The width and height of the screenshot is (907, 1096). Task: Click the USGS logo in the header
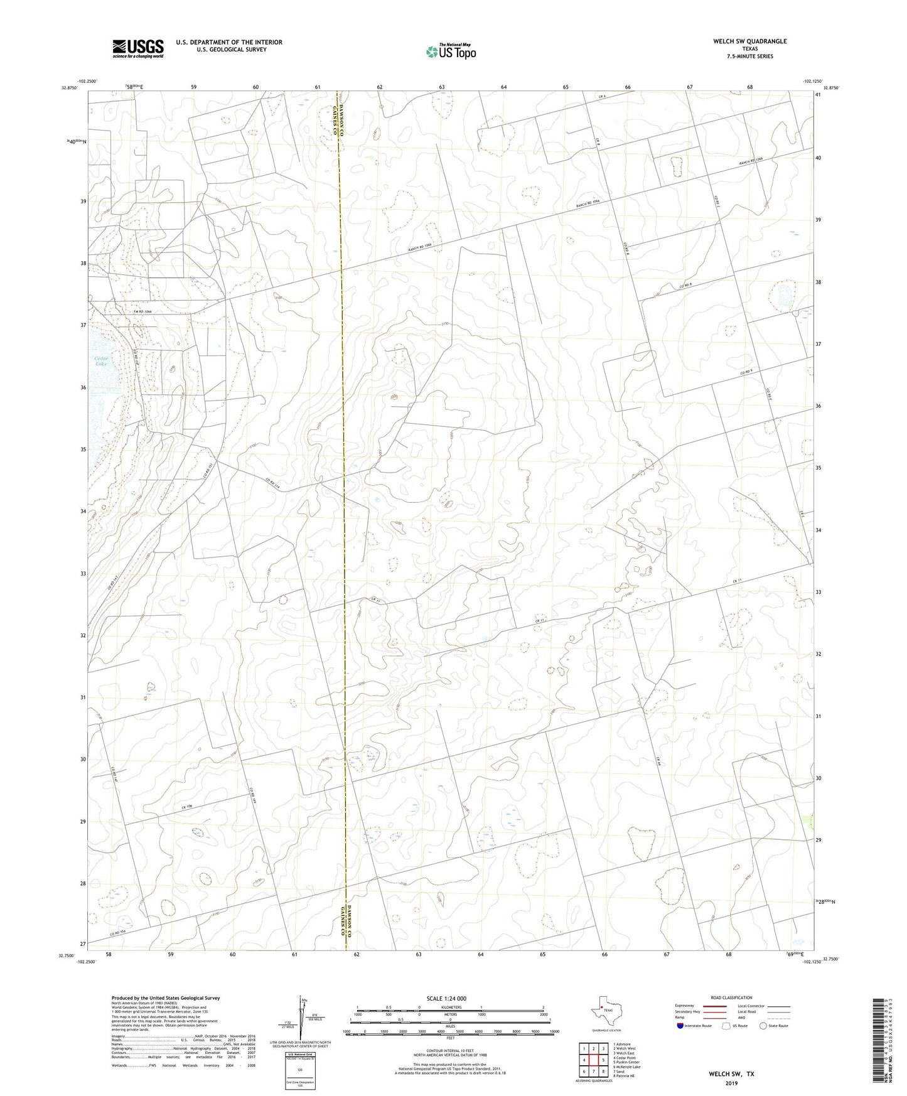pos(137,48)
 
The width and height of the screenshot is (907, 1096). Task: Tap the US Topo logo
pos(449,51)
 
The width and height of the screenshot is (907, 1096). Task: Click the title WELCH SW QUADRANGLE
pos(749,41)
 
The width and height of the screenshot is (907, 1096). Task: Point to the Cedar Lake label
pos(102,361)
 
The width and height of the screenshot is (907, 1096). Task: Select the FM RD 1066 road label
pos(143,311)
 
